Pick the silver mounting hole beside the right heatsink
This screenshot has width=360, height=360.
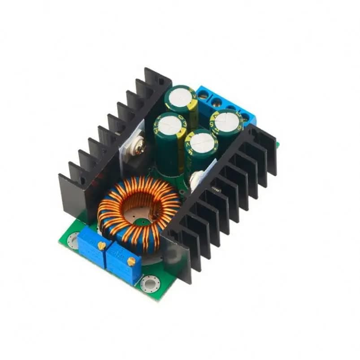(x=150, y=283)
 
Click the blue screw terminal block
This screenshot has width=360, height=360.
(x=224, y=105)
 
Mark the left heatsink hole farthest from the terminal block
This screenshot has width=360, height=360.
(x=83, y=181)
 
